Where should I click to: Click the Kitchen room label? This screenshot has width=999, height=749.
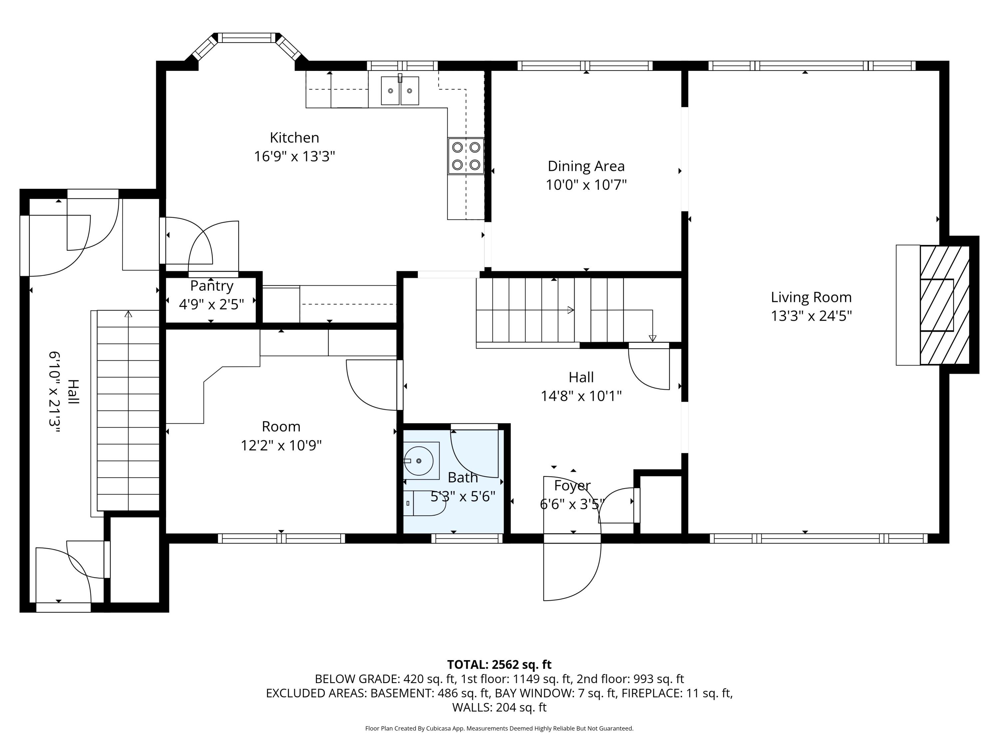pyautogui.click(x=294, y=137)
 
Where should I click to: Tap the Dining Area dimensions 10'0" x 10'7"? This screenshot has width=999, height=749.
pyautogui.click(x=586, y=185)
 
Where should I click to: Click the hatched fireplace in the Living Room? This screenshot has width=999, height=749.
pyautogui.click(x=944, y=305)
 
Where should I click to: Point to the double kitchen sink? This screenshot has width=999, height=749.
pyautogui.click(x=400, y=91)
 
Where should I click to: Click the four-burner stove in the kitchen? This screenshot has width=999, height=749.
pyautogui.click(x=466, y=156)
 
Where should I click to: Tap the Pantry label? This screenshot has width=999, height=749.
pyautogui.click(x=211, y=286)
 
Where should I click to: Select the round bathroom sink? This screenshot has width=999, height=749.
pyautogui.click(x=419, y=460)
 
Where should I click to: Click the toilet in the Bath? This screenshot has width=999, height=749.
pyautogui.click(x=425, y=503)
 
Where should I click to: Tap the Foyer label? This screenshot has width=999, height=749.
pyautogui.click(x=572, y=485)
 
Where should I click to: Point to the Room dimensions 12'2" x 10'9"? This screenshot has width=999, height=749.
pyautogui.click(x=281, y=446)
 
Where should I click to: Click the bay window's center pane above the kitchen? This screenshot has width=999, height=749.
pyautogui.click(x=247, y=38)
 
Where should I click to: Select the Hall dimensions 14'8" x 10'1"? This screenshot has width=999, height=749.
pyautogui.click(x=581, y=396)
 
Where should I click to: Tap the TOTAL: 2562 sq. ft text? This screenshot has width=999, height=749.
pyautogui.click(x=499, y=664)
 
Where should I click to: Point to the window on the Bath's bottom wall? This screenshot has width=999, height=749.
pyautogui.click(x=467, y=538)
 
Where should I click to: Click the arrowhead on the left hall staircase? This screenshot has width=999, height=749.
pyautogui.click(x=128, y=314)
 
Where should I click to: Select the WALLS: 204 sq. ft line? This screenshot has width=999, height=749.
pyautogui.click(x=499, y=707)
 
